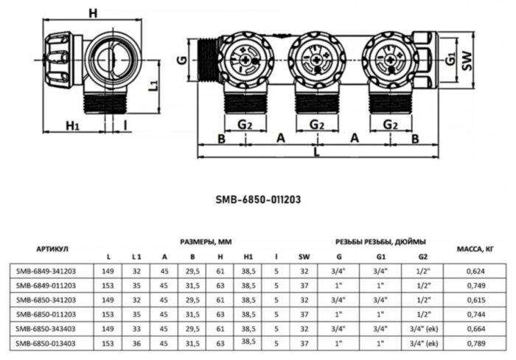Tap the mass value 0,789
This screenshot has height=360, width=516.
(x=475, y=343)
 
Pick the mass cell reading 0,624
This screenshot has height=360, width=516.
(x=475, y=271)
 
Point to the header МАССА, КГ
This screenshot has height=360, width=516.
(x=475, y=249)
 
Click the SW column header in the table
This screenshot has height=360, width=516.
(x=304, y=257)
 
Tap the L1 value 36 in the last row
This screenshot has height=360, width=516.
(x=136, y=343)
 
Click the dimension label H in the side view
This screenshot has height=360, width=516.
(x=91, y=13)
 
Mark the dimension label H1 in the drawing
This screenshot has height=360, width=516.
(x=72, y=125)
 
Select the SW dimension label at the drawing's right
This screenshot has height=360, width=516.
(x=466, y=64)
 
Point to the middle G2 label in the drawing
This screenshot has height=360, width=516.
(x=317, y=125)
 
